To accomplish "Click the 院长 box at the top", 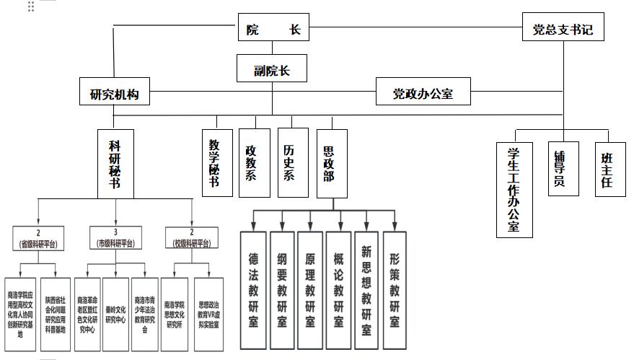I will [x=273, y=30].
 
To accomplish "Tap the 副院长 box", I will [x=271, y=70].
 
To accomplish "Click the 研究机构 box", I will [x=114, y=93].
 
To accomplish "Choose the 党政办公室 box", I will [x=423, y=93].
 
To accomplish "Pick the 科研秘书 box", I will [x=114, y=164].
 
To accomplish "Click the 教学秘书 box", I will [x=214, y=163].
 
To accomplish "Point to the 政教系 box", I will [x=252, y=163].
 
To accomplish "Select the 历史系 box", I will [x=291, y=163].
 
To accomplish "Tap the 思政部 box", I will [x=331, y=163].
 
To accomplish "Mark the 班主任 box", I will [x=607, y=170].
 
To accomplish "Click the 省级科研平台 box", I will [x=38, y=239].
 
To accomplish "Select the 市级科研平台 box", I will [x=115, y=239].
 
